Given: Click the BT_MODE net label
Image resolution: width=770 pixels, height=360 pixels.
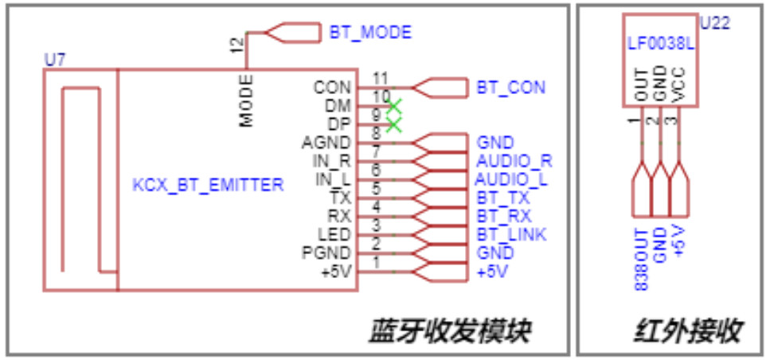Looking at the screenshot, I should [370, 33].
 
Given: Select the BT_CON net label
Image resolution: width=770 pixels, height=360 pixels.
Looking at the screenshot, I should [510, 87].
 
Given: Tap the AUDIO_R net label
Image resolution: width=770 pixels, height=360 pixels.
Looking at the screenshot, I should [514, 161].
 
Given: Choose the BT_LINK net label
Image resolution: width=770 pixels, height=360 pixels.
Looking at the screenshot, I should [510, 235].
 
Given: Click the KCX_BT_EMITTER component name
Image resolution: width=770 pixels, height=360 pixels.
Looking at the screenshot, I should [208, 186].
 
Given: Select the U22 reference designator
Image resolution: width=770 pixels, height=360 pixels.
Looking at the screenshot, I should [714, 24].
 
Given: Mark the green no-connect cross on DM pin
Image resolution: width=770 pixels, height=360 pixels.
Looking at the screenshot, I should [393, 106].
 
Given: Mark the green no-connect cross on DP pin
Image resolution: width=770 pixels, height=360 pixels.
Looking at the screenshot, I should [393, 124].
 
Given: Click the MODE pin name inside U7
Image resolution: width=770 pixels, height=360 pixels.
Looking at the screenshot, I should [247, 101].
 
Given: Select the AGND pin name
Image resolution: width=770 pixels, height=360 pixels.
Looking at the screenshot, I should [326, 143].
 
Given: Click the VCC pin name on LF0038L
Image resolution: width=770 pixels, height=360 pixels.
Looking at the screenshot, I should [679, 84].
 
